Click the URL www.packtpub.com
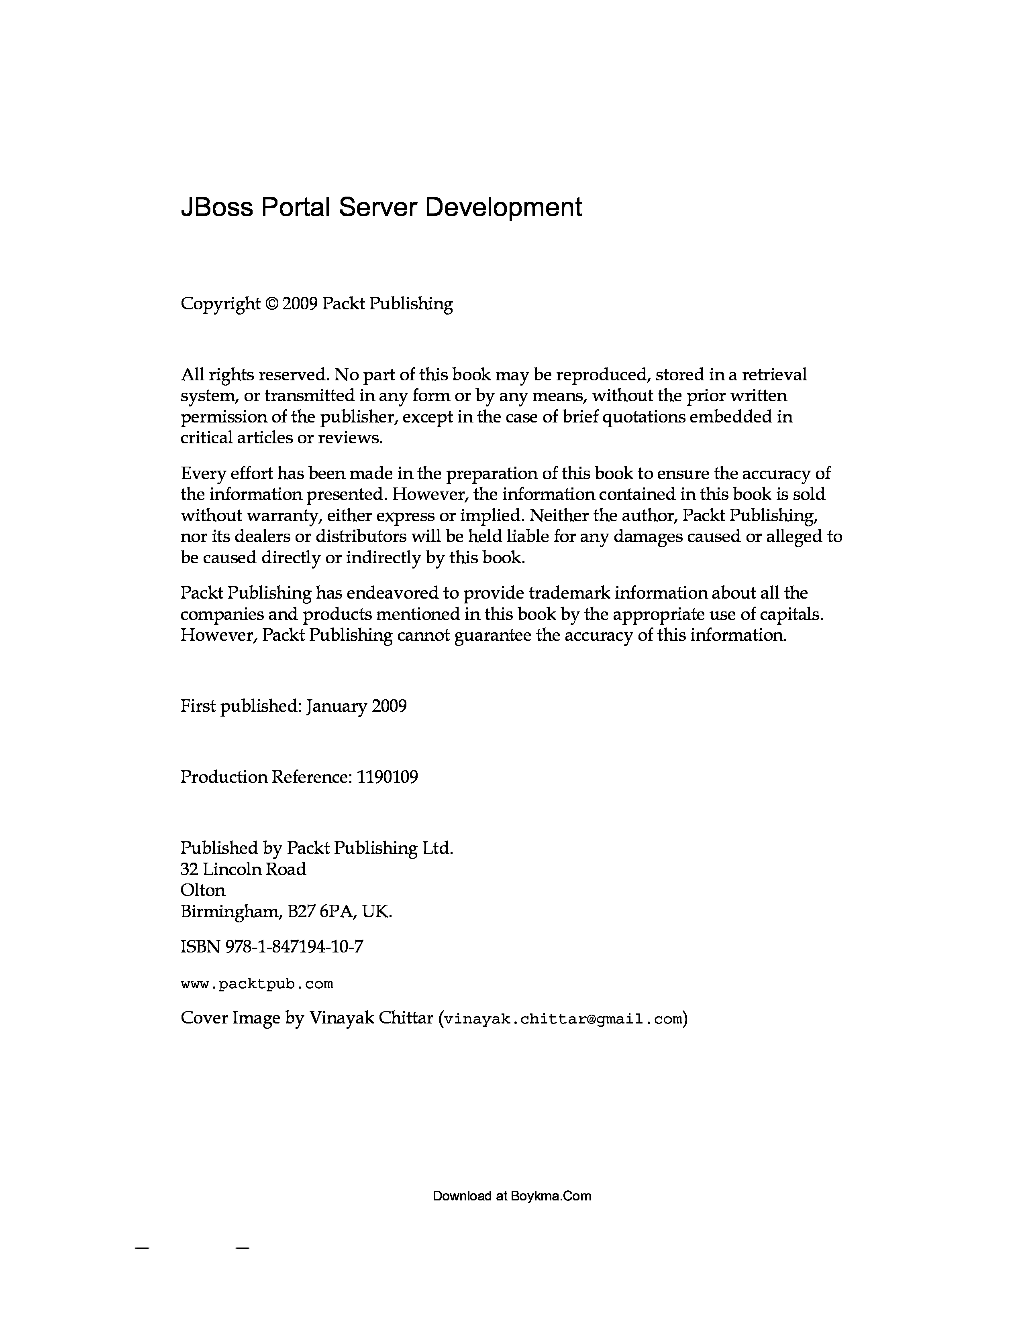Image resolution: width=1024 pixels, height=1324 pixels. coord(257,983)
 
